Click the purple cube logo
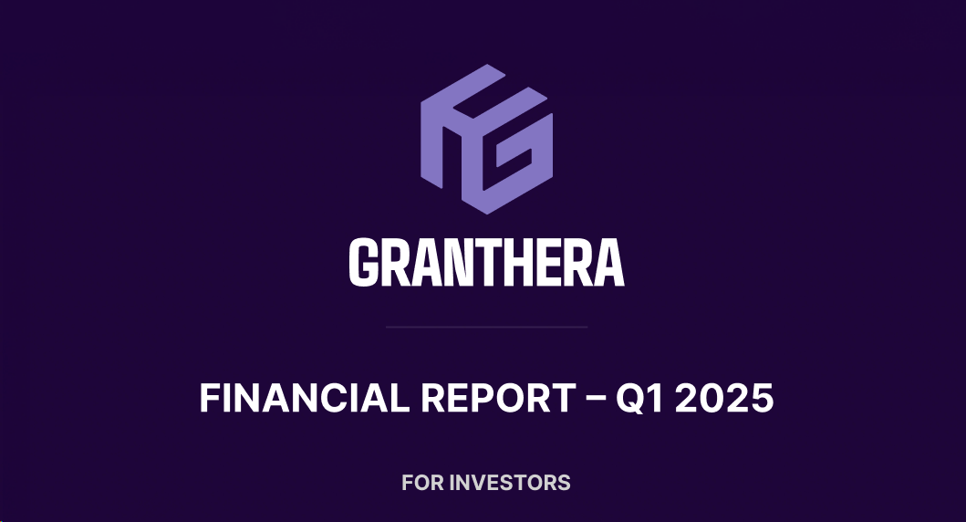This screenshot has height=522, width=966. [487, 140]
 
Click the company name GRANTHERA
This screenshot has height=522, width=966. [487, 263]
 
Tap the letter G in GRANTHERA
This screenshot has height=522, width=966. [363, 263]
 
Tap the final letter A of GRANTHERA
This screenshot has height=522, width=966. [609, 263]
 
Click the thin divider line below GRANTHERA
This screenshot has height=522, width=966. [487, 328]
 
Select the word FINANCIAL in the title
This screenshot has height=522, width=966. [305, 398]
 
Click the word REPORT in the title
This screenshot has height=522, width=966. [498, 398]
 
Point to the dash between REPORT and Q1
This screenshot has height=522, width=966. [595, 400]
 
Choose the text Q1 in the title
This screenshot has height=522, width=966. [640, 398]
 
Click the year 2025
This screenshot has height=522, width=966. [724, 398]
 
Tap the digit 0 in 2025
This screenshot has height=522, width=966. [712, 398]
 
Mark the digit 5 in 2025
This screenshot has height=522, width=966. [762, 398]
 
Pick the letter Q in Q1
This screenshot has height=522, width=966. [631, 399]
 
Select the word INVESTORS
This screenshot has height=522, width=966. [510, 483]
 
